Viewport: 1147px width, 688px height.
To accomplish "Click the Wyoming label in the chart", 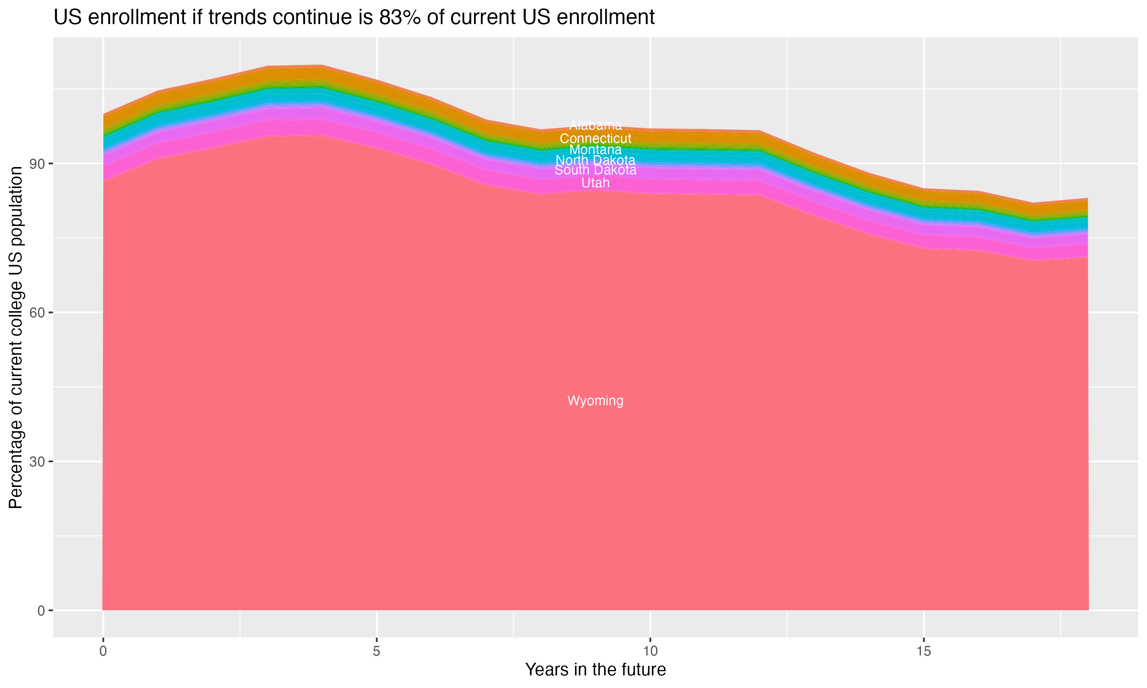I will tap(595, 401).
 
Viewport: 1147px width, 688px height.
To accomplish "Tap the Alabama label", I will tap(595, 125).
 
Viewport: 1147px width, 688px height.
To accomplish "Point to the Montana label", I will tap(595, 150).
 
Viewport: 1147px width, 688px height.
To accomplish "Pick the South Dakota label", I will tap(595, 170).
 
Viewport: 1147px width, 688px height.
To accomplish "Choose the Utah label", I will tap(595, 183).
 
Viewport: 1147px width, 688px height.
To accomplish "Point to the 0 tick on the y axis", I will tap(41, 610).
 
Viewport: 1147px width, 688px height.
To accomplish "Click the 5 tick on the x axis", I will tap(377, 651).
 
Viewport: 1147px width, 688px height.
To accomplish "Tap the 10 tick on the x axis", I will tap(650, 651).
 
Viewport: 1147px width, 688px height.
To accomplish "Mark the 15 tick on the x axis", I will tap(924, 651).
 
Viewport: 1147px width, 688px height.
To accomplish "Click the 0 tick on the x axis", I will tap(103, 651).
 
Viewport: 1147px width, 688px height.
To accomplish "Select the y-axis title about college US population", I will tap(16, 337).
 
